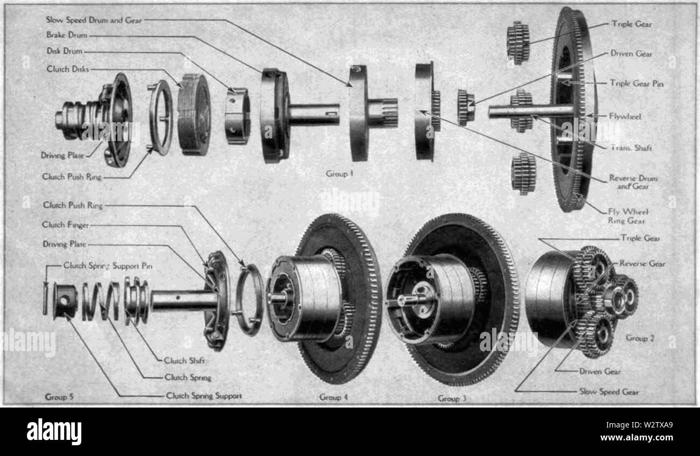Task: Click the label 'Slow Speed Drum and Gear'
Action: (x=94, y=20)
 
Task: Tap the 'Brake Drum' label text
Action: (x=67, y=35)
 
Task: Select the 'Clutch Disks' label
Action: (x=68, y=69)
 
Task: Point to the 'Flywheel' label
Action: (x=625, y=117)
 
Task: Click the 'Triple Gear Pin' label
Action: (x=637, y=83)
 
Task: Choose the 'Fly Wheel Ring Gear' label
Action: (x=628, y=216)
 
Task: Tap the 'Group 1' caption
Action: (x=339, y=173)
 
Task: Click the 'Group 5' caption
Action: (x=59, y=397)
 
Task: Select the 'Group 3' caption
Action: (x=452, y=398)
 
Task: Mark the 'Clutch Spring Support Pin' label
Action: (x=108, y=265)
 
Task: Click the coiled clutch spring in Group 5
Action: (x=101, y=301)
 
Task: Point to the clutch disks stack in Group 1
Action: (x=194, y=114)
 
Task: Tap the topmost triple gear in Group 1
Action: (x=518, y=43)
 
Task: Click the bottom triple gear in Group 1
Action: (x=523, y=173)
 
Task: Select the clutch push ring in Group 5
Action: (x=249, y=299)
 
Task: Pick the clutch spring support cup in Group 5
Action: (x=65, y=301)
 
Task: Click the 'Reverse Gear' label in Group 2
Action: (x=642, y=264)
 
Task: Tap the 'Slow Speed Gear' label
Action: (x=609, y=391)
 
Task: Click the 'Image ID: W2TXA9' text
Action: (x=639, y=425)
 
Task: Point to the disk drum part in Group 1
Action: (x=237, y=116)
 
